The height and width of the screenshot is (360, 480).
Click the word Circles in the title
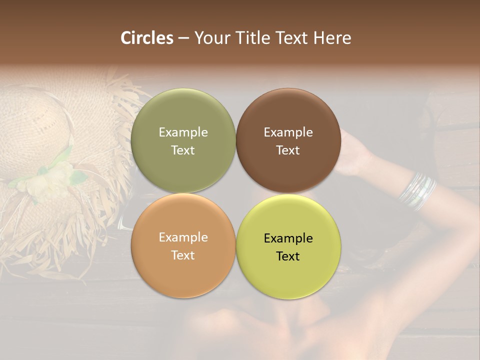pyautogui.click(x=147, y=38)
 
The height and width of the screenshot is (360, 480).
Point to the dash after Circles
pyautogui.click(x=183, y=38)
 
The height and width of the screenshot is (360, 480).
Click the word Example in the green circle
pyautogui.click(x=183, y=132)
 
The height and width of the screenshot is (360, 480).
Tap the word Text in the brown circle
pyautogui.click(x=288, y=150)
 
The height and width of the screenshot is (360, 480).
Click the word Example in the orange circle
pyautogui.click(x=183, y=237)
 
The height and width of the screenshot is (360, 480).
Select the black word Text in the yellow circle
pyautogui.click(x=288, y=256)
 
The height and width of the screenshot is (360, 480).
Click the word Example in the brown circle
pyautogui.click(x=288, y=132)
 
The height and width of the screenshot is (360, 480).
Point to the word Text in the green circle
pyautogui.click(x=183, y=150)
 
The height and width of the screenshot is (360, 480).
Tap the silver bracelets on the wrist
pyautogui.click(x=417, y=191)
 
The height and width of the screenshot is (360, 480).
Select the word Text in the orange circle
pyautogui.click(x=183, y=255)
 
